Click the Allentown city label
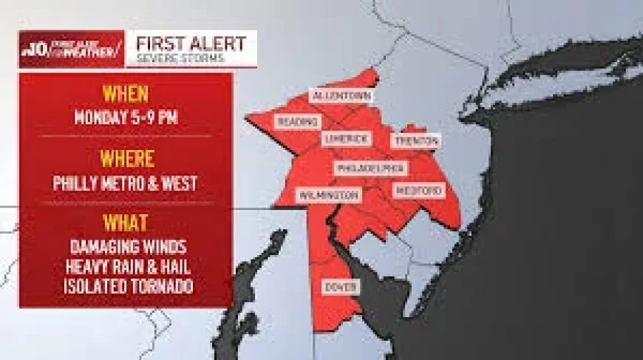pyautogui.click(x=341, y=97)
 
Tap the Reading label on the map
pyautogui.click(x=297, y=122)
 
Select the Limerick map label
pyautogui.click(x=347, y=139)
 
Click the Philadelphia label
pyautogui.click(x=370, y=169)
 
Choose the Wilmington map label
pyautogui.click(x=329, y=195)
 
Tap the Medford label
pyautogui.click(x=419, y=191)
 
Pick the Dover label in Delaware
pyautogui.click(x=341, y=287)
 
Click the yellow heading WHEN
pyautogui.click(x=125, y=94)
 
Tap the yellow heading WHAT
pyautogui.click(x=125, y=223)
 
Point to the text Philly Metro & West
pyautogui.click(x=125, y=183)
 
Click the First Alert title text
pyautogui.click(x=180, y=42)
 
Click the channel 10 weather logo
pyautogui.click(x=71, y=50)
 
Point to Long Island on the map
pyautogui.click(x=562, y=74)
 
